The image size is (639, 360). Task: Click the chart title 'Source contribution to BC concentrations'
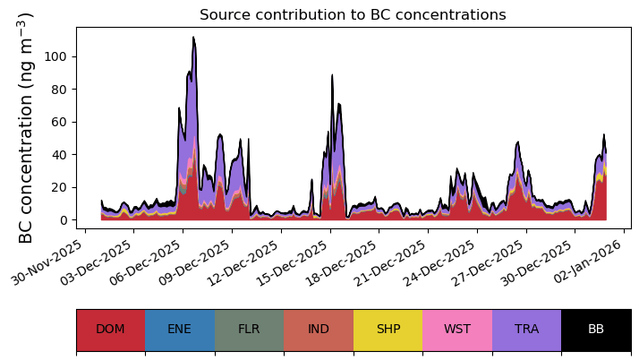(353, 14)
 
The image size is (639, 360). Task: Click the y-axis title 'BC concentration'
(25, 168)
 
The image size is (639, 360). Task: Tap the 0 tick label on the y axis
(63, 220)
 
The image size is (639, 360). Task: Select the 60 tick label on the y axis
(59, 122)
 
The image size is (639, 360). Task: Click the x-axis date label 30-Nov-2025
(47, 262)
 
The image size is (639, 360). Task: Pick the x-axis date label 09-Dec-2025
(193, 262)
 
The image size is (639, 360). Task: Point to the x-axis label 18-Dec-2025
(341, 262)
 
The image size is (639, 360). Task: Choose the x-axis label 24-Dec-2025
(439, 262)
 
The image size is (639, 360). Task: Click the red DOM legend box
(111, 330)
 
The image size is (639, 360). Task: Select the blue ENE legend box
(180, 330)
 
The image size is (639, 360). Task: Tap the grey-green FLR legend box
(250, 330)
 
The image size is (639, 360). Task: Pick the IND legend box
(319, 330)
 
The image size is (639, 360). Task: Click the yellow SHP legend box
(388, 330)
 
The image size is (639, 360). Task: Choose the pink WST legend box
(457, 330)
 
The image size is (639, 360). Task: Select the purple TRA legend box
(526, 330)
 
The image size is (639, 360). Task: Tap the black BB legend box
(596, 330)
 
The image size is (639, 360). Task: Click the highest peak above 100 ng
(193, 38)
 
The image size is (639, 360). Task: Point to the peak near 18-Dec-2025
(332, 75)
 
